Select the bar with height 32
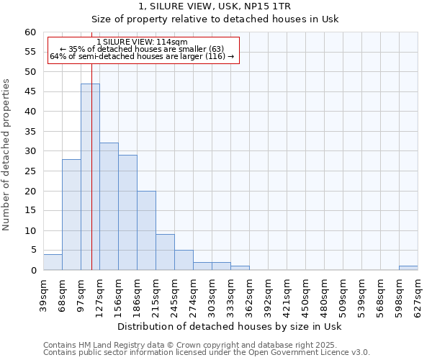[x=109, y=207]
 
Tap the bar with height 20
[x=146, y=230]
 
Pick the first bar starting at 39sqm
[x=53, y=262]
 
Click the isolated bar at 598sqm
[x=408, y=268]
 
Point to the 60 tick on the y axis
[x=30, y=32]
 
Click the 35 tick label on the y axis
[x=30, y=132]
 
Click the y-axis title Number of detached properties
[x=7, y=155]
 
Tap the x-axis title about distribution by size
[x=228, y=326]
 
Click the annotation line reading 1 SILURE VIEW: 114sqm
[x=142, y=42]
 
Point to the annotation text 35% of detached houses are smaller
[x=142, y=49]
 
